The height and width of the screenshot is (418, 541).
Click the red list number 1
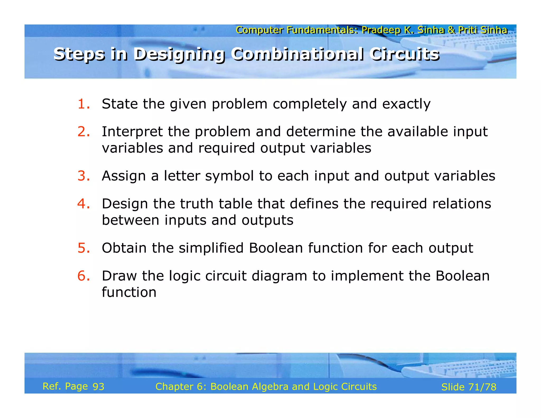tap(83, 104)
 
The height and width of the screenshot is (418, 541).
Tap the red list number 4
tap(83, 204)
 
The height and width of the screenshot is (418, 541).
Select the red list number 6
tap(83, 276)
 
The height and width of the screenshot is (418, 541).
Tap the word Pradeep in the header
tap(381, 30)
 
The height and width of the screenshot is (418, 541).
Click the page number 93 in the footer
tap(98, 387)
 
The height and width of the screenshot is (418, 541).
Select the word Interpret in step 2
tap(132, 132)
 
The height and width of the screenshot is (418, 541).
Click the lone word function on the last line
tap(129, 292)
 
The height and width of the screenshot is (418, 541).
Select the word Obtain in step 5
tap(124, 248)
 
